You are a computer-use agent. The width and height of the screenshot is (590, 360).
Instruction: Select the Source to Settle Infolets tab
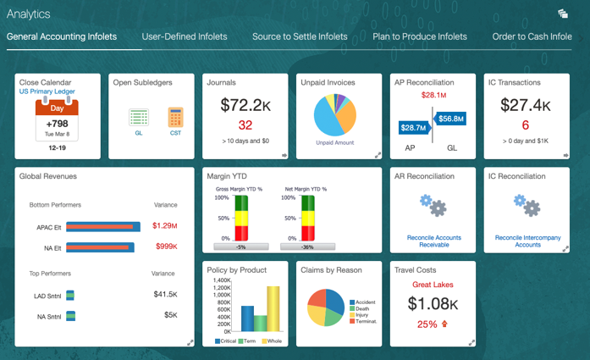(300, 37)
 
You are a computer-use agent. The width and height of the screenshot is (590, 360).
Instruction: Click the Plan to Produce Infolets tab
(419, 37)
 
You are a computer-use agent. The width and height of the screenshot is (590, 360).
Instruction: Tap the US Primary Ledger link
(47, 91)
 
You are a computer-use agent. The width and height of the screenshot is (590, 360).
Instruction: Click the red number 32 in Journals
(245, 125)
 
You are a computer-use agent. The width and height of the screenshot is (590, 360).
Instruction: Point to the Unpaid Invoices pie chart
(335, 114)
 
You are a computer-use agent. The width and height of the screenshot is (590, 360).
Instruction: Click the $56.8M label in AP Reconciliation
(450, 119)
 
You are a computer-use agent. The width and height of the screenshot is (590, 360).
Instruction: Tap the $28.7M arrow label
(413, 127)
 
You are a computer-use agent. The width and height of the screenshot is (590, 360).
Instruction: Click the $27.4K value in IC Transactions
(525, 105)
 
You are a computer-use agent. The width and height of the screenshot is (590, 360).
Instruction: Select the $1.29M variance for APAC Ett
(165, 226)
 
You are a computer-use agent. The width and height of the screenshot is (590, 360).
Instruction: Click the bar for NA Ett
(99, 247)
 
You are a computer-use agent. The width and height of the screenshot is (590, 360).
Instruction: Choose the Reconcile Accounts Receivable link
(433, 241)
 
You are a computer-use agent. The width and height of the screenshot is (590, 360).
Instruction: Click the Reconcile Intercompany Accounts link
(527, 241)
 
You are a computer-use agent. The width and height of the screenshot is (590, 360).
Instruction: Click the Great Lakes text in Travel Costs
(433, 285)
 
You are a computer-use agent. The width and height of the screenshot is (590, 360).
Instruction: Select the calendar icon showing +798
(57, 119)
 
